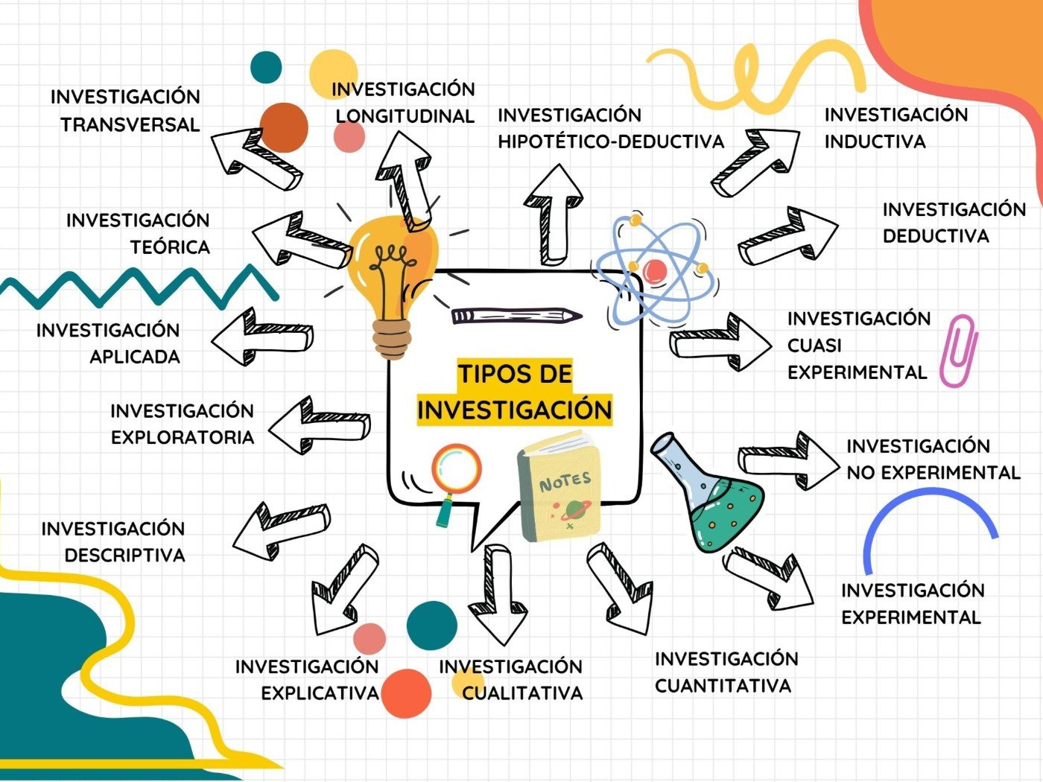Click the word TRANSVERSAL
tap(130, 125)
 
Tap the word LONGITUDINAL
tap(405, 116)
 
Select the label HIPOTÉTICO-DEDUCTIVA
tap(611, 142)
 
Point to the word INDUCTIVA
tap(875, 142)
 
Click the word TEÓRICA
tap(170, 247)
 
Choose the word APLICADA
tap(135, 357)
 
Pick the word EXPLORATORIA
tap(183, 437)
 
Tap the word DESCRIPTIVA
tap(124, 555)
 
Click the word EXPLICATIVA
tap(320, 693)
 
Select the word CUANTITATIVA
tap(723, 686)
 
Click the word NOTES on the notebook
tap(565, 482)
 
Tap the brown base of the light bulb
tap(392, 339)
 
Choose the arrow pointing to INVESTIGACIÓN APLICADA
tap(261, 337)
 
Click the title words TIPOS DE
tap(515, 374)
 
